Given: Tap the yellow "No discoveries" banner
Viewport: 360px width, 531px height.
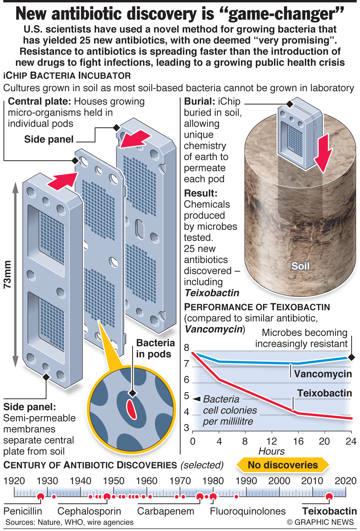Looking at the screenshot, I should click(283, 465).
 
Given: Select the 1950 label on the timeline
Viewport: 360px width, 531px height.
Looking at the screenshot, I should click(114, 481).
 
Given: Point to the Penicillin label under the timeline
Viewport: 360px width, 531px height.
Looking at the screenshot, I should click(23, 511).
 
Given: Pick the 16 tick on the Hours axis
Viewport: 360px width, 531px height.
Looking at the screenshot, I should click(298, 441).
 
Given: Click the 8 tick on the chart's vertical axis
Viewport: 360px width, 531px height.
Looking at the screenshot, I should click(187, 347).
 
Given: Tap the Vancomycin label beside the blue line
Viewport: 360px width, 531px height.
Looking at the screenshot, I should click(323, 374).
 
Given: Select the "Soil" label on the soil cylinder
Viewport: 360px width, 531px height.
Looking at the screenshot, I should click(300, 266).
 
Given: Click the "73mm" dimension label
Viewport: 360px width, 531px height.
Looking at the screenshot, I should click(8, 274).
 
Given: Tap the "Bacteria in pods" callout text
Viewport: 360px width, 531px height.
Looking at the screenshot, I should click(155, 348).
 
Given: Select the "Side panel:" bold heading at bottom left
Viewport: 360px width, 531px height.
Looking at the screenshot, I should click(29, 407).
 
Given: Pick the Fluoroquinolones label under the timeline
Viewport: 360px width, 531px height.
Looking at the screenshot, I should click(248, 511).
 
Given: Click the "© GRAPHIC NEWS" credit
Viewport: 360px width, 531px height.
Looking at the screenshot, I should click(320, 522).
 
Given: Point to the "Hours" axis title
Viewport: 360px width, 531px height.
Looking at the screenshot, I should click(271, 451).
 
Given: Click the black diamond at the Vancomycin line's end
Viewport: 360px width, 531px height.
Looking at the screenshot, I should click(351, 357).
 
